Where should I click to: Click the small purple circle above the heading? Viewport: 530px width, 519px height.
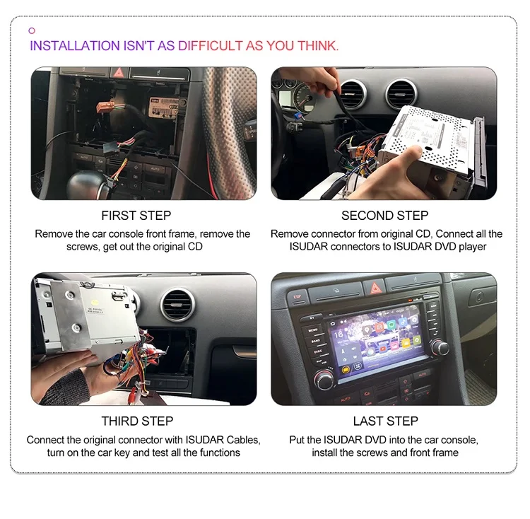pyautogui.click(x=32, y=30)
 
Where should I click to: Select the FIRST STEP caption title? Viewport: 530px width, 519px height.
pyautogui.click(x=136, y=215)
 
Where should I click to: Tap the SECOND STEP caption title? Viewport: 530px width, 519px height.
pyautogui.click(x=385, y=215)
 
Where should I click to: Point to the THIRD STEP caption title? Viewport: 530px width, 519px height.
pyautogui.click(x=137, y=421)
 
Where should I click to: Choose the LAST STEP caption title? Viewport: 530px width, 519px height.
pyautogui.click(x=386, y=421)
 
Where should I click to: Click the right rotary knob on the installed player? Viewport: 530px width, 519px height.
pyautogui.click(x=441, y=347)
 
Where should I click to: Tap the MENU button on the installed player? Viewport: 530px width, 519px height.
pyautogui.click(x=313, y=329)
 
